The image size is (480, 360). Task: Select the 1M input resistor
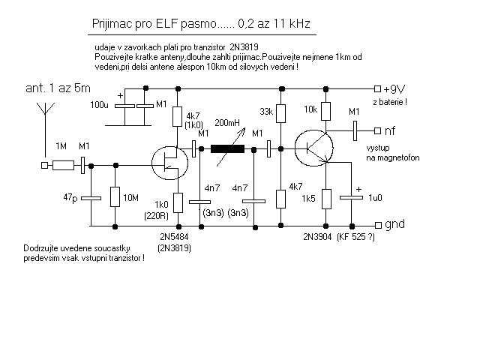point(63,165)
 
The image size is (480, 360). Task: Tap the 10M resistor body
point(115,196)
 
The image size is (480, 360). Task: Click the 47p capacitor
point(91,198)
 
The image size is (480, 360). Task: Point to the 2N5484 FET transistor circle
point(169,163)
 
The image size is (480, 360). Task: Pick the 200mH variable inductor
point(228,149)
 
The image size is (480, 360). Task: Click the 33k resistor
point(281,113)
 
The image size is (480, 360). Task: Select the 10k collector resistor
point(325,111)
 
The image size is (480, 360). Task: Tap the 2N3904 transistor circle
point(313,148)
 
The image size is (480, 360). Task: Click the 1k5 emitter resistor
point(326,199)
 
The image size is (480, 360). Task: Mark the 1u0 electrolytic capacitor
point(352,198)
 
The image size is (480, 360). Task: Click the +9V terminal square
point(378,88)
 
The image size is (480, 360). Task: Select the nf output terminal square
point(378,130)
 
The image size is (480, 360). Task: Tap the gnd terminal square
point(378,225)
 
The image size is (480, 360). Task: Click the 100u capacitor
point(124,106)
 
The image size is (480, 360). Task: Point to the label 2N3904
point(317,237)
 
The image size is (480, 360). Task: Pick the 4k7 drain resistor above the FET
point(177,116)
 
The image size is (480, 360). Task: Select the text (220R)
point(157,216)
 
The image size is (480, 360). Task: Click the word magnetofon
point(398,158)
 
